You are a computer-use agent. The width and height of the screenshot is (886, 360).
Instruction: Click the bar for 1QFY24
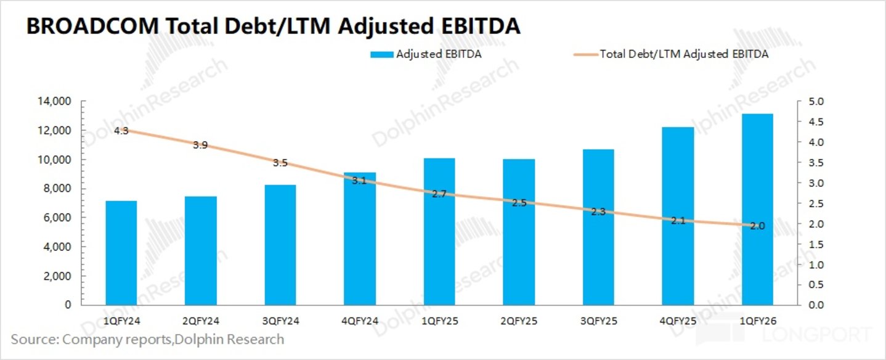click(x=121, y=253)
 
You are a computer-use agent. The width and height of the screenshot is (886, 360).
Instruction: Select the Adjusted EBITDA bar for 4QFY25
click(x=678, y=216)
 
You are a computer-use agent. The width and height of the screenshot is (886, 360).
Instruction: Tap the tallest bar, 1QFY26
click(x=757, y=209)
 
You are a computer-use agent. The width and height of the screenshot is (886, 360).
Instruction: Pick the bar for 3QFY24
click(x=280, y=245)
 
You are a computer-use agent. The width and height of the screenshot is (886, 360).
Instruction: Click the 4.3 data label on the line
click(x=121, y=131)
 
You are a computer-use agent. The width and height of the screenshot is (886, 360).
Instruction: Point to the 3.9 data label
click(x=200, y=145)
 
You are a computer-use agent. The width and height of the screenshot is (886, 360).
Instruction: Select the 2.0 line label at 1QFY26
click(x=757, y=226)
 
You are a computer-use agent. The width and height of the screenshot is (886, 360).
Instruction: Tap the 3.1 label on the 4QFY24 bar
click(x=359, y=181)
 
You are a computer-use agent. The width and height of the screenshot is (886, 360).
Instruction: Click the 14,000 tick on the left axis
click(x=54, y=101)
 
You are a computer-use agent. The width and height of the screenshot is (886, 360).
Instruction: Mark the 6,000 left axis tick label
click(x=57, y=218)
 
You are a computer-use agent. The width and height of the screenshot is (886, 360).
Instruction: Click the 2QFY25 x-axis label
click(x=519, y=321)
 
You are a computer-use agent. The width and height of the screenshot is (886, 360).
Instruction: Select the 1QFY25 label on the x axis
click(x=439, y=321)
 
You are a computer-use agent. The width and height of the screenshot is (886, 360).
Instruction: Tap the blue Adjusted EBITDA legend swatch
click(x=381, y=55)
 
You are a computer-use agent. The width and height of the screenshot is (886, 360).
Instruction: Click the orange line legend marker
click(x=586, y=55)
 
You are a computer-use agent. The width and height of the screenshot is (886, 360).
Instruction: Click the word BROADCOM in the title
click(x=92, y=27)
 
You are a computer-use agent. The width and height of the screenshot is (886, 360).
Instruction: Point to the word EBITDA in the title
click(x=481, y=27)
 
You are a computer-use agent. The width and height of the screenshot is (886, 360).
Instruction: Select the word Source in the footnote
click(x=33, y=340)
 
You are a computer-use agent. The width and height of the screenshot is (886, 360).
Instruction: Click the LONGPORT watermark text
click(x=816, y=335)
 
